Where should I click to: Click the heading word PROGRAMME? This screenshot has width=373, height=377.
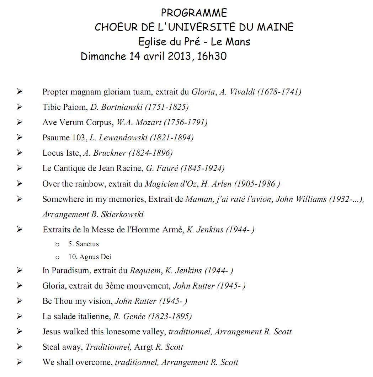[x=194, y=13]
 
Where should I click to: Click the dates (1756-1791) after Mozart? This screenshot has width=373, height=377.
[x=186, y=122]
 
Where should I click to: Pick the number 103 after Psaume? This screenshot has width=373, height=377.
[x=78, y=138]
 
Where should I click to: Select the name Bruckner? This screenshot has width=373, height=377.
[x=110, y=153]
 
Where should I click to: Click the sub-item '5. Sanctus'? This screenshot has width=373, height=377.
[x=84, y=244]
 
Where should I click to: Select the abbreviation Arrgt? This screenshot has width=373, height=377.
[x=144, y=347]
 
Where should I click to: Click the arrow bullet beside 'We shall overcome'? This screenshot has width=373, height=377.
[x=19, y=362]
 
